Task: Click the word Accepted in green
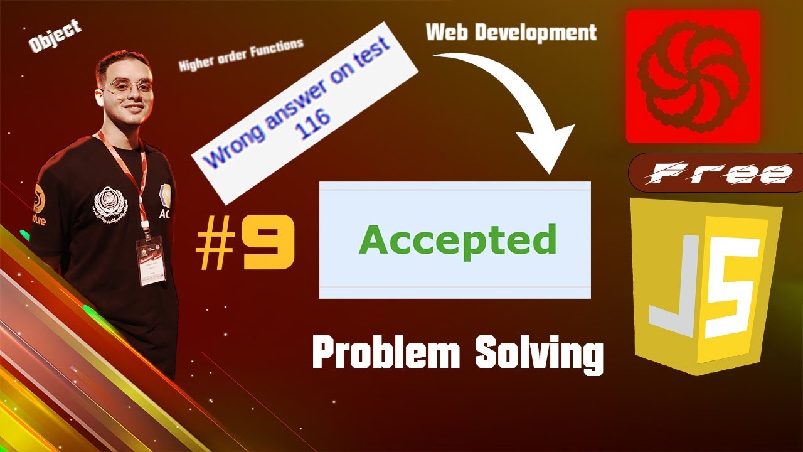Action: (457, 240)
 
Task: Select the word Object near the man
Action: (55, 36)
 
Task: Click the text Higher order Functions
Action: (241, 55)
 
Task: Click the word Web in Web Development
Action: (447, 33)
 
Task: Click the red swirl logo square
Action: (693, 76)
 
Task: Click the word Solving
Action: (538, 355)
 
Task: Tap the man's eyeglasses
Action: (128, 87)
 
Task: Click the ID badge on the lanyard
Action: (151, 259)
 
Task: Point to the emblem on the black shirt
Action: (110, 203)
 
